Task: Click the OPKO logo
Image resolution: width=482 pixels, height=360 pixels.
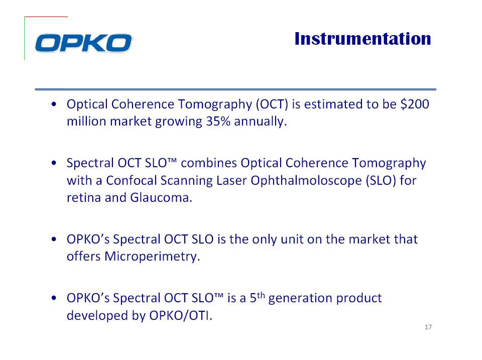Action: tap(83, 43)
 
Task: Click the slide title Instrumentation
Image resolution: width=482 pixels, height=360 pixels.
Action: tap(363, 39)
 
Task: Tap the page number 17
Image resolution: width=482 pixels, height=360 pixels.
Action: tap(428, 327)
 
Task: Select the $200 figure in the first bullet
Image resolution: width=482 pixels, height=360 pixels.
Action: tap(415, 104)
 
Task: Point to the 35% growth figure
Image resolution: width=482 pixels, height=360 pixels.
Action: tap(218, 121)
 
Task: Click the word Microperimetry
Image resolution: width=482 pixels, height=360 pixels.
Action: tap(152, 257)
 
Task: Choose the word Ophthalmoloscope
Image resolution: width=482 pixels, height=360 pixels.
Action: tap(306, 180)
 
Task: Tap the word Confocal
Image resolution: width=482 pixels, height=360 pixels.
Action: tap(132, 180)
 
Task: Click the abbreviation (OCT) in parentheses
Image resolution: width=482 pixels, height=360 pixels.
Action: tap(272, 104)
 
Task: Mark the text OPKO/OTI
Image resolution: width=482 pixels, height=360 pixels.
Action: tap(181, 315)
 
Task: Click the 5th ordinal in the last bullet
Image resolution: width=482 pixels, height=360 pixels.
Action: tap(257, 297)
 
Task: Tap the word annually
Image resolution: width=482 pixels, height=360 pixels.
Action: tap(261, 122)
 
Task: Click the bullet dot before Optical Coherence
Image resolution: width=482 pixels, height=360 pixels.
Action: tap(54, 104)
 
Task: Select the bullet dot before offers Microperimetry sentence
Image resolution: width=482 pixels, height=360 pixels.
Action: tap(54, 239)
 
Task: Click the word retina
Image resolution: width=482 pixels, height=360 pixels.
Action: tap(84, 198)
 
